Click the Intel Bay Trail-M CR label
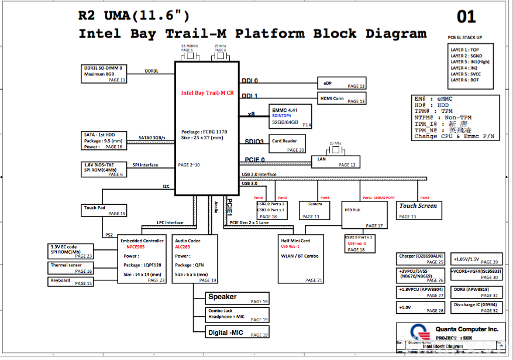click(x=207, y=92)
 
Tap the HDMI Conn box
click(x=342, y=98)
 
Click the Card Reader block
click(x=287, y=144)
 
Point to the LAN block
click(x=335, y=162)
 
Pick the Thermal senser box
click(x=71, y=268)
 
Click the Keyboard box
click(x=71, y=282)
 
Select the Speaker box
click(x=237, y=297)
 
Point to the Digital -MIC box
click(x=237, y=332)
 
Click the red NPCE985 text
click(x=135, y=248)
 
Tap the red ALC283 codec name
click(x=184, y=248)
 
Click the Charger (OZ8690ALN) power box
click(x=421, y=259)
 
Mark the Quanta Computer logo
click(x=415, y=334)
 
